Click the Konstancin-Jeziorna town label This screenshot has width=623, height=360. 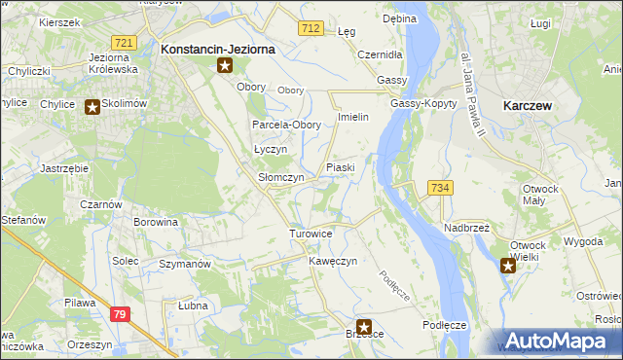tap(218, 48)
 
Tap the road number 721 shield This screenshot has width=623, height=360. tap(123, 43)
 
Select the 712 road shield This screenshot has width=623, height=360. tap(311, 29)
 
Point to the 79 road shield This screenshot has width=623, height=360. tap(120, 313)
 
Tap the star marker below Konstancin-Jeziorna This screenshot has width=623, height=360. tap(225, 66)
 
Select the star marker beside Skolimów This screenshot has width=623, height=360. tap(92, 107)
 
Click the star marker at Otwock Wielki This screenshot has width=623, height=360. tap(507, 265)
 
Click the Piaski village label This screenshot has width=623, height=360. tap(340, 167)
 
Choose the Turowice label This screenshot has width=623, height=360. tap(311, 234)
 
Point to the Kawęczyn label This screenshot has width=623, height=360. tap(334, 262)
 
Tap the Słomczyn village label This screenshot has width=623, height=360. tap(280, 178)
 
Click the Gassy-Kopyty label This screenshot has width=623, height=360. tap(420, 103)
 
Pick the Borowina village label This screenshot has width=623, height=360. tap(156, 222)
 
